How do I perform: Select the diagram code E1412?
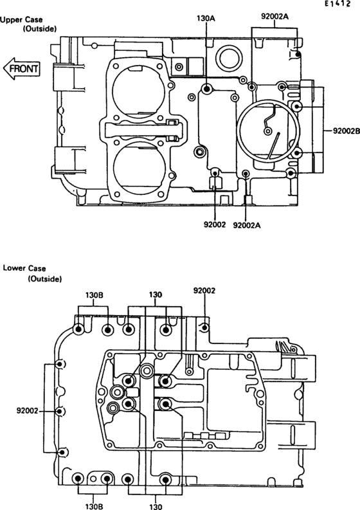[x=338, y=5]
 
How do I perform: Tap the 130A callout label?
[x=206, y=19]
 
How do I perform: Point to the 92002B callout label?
[x=346, y=131]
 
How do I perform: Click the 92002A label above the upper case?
[x=274, y=16]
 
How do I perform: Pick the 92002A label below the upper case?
[x=247, y=225]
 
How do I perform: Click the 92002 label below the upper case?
[x=215, y=224]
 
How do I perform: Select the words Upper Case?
[x=21, y=20]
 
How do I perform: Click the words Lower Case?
[x=24, y=268]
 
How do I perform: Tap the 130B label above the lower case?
[x=94, y=295]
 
